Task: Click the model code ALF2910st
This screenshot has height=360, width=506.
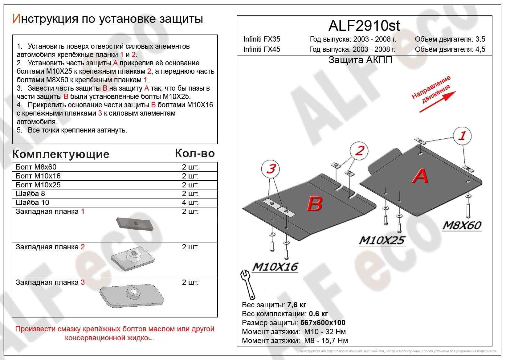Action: (x=364, y=26)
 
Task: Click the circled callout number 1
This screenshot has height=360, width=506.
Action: (x=462, y=136)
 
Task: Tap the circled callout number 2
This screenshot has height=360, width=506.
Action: (x=359, y=151)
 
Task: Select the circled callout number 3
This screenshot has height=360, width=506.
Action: (x=271, y=169)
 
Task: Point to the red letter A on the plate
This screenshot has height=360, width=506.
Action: (x=420, y=176)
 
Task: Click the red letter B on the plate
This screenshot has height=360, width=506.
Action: (x=315, y=204)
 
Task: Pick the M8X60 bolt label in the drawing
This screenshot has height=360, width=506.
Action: (x=462, y=226)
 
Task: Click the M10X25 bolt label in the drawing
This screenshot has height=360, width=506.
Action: (x=382, y=240)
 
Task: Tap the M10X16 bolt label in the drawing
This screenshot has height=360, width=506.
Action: (x=275, y=267)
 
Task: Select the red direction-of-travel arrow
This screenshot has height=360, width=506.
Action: (x=437, y=102)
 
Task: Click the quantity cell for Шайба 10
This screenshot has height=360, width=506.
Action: (x=190, y=202)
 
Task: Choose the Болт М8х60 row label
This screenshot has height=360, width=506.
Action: (x=36, y=167)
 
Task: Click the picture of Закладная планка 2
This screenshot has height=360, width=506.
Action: (x=133, y=258)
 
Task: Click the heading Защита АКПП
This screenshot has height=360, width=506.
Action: (x=360, y=60)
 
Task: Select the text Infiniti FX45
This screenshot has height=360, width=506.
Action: (x=262, y=49)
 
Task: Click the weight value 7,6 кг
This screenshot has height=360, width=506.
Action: (x=296, y=305)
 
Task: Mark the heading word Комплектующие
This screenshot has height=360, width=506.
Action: (x=61, y=154)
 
